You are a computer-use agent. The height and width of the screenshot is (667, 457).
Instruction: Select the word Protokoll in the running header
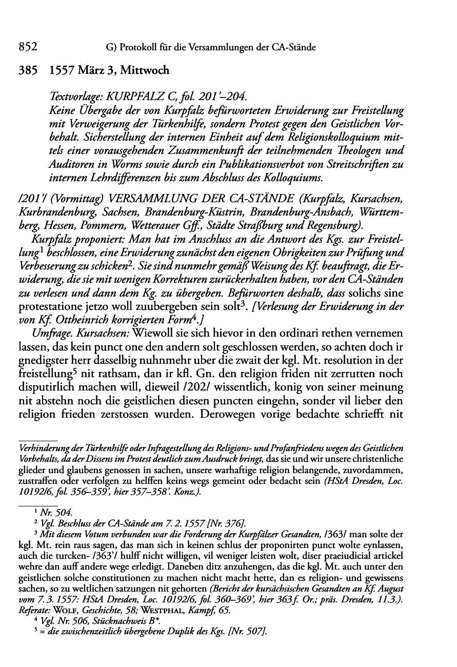[x=138, y=48]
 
